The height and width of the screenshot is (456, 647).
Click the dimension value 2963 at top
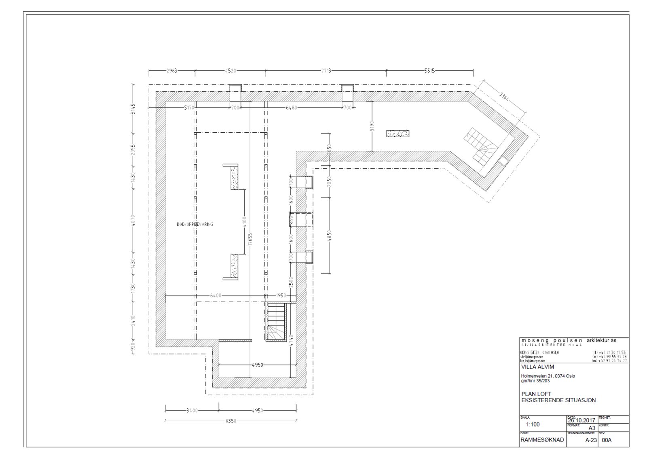[x=171, y=71]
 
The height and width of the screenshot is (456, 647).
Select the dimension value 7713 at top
[x=326, y=71]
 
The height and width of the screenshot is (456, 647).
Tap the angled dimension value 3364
[x=504, y=97]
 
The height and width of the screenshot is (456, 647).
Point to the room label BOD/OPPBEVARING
[x=195, y=224]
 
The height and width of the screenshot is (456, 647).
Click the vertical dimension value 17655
[x=250, y=239]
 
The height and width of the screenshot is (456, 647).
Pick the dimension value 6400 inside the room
[x=216, y=296]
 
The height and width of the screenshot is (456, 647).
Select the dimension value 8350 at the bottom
[x=230, y=421]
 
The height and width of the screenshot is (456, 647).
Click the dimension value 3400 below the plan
[x=192, y=411]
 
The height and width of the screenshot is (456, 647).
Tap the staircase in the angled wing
[x=481, y=146]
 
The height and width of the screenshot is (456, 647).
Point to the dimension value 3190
[x=372, y=126]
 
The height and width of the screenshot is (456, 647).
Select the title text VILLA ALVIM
[x=537, y=367]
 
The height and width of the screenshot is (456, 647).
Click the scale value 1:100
[x=533, y=424]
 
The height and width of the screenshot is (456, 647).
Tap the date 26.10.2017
[x=581, y=420]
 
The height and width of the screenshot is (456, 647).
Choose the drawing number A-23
[x=591, y=440]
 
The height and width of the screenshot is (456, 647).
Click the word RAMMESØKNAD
[x=542, y=440]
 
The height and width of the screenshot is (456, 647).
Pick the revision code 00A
[x=607, y=440]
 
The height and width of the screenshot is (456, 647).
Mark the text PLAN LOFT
[x=536, y=394]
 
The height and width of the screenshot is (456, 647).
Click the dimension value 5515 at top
[x=429, y=71]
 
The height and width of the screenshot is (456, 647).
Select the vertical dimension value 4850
[x=330, y=236]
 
